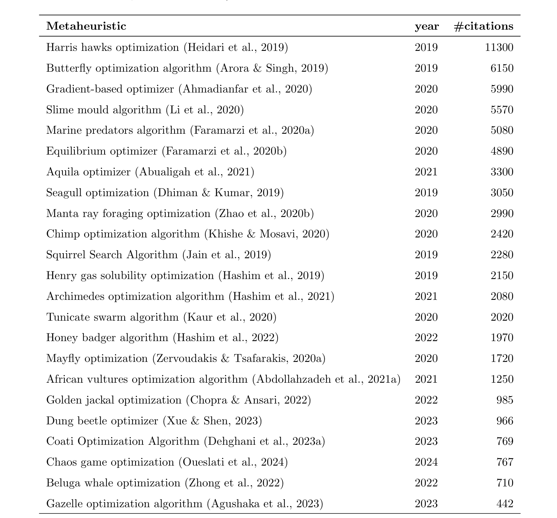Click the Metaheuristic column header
86,26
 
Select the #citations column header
484,26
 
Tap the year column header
427,26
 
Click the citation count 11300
499,47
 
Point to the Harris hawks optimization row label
167,47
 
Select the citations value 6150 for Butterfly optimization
502,68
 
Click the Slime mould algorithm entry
145,110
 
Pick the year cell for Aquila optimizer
426,172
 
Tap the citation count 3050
502,193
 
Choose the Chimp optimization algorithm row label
188,234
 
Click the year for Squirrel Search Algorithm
426,255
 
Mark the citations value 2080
502,296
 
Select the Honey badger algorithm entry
162,338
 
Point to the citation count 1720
502,358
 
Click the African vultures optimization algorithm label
223,379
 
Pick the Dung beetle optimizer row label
154,421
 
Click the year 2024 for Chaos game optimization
426,462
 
